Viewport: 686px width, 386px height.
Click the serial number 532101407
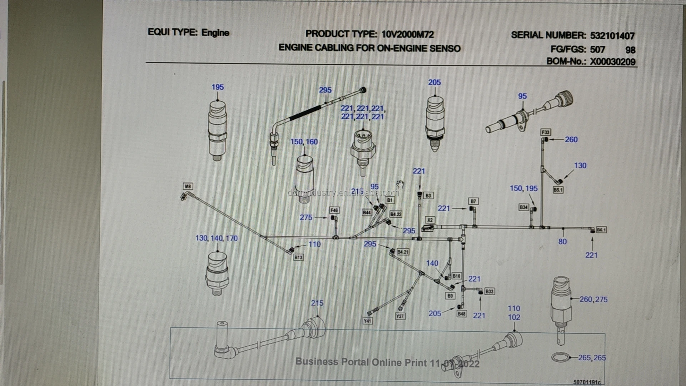click(612, 36)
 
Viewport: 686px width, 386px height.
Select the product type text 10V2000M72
click(407, 34)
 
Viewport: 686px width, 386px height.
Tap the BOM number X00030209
click(612, 61)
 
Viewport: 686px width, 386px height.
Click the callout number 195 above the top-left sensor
click(218, 87)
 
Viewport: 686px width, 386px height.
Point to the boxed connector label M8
click(188, 186)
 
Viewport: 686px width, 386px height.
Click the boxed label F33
click(546, 132)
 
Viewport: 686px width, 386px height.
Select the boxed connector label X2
click(430, 220)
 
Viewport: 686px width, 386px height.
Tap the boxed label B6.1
click(601, 230)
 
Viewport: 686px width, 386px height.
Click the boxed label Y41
click(368, 321)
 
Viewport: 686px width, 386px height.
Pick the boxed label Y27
click(400, 316)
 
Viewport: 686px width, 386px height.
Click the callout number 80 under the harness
click(562, 242)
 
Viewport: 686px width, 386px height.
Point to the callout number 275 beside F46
click(306, 217)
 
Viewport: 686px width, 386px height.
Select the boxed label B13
click(298, 257)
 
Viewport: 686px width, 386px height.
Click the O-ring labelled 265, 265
click(560, 357)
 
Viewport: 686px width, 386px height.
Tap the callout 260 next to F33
click(571, 139)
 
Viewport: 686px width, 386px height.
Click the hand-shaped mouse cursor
click(400, 184)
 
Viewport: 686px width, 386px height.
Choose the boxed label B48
click(462, 314)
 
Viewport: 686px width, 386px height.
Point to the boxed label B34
click(523, 207)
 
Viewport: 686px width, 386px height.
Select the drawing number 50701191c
click(587, 382)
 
